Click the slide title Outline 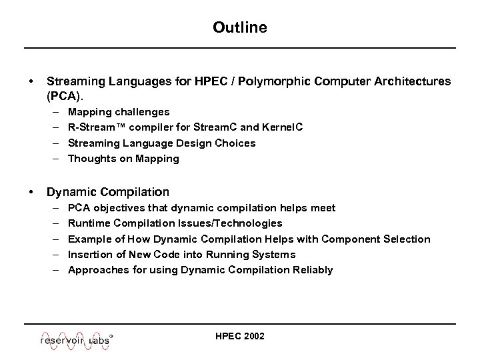tap(240, 27)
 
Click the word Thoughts tap(91, 158)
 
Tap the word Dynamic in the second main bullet tap(69, 192)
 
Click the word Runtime tap(89, 223)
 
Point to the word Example tap(90, 239)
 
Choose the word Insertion tap(91, 254)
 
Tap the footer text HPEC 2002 tap(240, 336)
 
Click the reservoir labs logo tap(75, 339)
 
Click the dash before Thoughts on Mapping tap(58, 158)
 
